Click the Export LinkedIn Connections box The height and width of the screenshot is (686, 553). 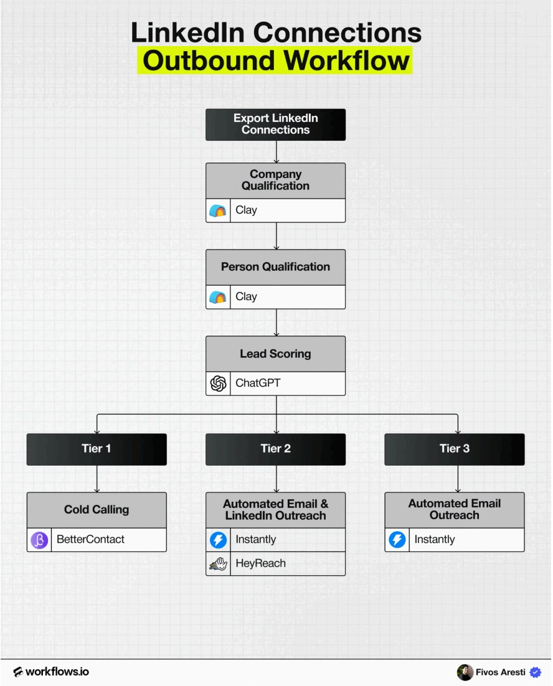[x=276, y=125]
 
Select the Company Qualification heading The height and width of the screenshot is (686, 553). [x=276, y=180]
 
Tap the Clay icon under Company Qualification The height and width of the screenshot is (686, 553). [x=218, y=210]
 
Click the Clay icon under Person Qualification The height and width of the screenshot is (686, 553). [x=218, y=297]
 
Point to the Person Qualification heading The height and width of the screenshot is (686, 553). [x=276, y=267]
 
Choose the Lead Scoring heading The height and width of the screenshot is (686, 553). [x=276, y=354]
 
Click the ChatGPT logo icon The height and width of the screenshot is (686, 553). [x=219, y=383]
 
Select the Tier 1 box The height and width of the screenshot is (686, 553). [x=97, y=449]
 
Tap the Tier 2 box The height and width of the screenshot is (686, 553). [x=276, y=449]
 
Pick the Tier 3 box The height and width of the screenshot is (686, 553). [x=455, y=449]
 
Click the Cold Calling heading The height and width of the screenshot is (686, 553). [x=97, y=510]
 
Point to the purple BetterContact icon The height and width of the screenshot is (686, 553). [x=39, y=540]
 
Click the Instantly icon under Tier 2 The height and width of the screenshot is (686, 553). [x=219, y=540]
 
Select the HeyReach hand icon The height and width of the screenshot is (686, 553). [x=219, y=564]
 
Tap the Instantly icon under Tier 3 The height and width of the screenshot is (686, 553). [x=397, y=540]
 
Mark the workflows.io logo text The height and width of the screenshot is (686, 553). [x=51, y=672]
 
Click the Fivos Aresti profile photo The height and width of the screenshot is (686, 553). [x=465, y=672]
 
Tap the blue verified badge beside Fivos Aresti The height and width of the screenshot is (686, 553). [x=536, y=672]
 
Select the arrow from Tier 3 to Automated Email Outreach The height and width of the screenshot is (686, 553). [x=458, y=479]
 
